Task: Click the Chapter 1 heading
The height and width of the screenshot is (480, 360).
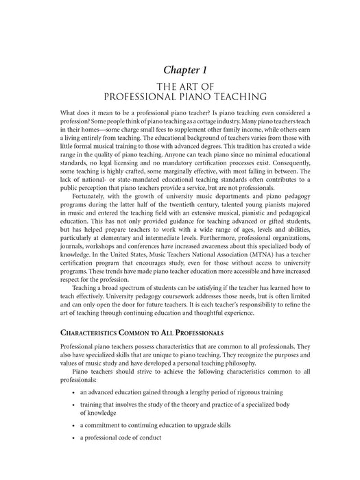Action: coord(180,70)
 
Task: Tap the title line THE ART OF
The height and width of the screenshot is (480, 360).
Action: coord(180,86)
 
